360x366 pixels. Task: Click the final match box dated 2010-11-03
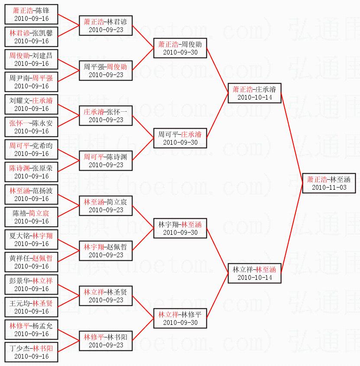click(x=329, y=183)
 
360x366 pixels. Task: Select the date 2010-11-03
click(x=329, y=188)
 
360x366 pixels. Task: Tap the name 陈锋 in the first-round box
click(x=42, y=11)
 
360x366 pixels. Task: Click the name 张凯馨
click(x=42, y=33)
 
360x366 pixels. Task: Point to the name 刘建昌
click(x=42, y=56)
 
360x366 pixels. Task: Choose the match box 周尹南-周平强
click(x=31, y=82)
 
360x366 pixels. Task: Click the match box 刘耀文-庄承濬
click(x=31, y=104)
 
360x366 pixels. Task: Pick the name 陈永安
click(x=42, y=123)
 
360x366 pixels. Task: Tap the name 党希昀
click(x=42, y=146)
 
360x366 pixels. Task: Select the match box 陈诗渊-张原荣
click(x=31, y=172)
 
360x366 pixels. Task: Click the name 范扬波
click(x=42, y=191)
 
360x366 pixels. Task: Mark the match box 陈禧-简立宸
click(x=31, y=217)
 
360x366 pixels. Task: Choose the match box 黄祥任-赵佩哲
click(x=31, y=262)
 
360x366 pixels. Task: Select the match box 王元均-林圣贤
click(x=31, y=307)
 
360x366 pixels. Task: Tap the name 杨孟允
click(x=42, y=326)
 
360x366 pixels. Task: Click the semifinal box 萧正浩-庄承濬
click(x=255, y=93)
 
